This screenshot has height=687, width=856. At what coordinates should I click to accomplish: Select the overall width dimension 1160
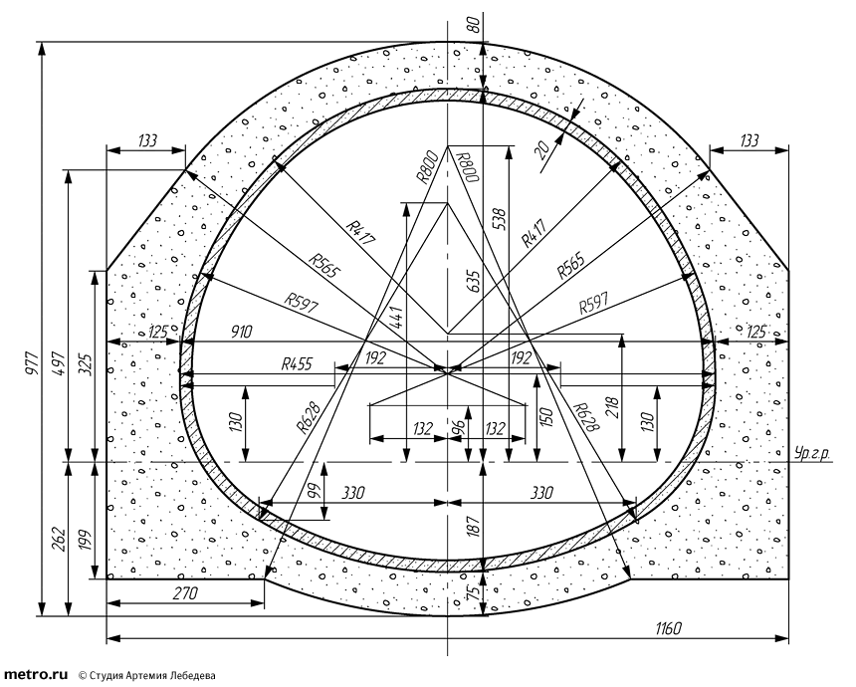point(668,629)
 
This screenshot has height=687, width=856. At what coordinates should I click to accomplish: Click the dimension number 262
point(59,540)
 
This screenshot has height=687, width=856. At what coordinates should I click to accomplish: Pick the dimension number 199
point(86,540)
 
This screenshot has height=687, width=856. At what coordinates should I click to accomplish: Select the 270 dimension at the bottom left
point(184,592)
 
